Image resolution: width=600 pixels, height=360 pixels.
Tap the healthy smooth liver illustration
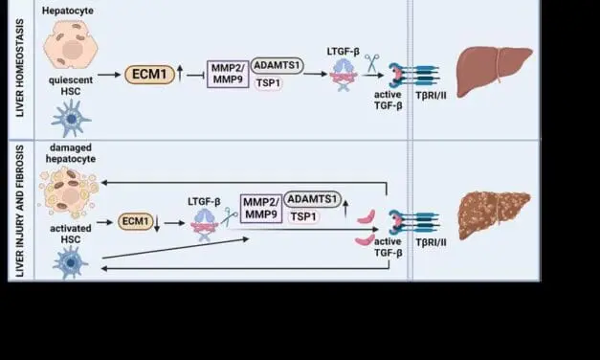pyautogui.click(x=493, y=72)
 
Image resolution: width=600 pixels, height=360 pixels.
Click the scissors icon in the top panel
pyautogui.click(x=372, y=63)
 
